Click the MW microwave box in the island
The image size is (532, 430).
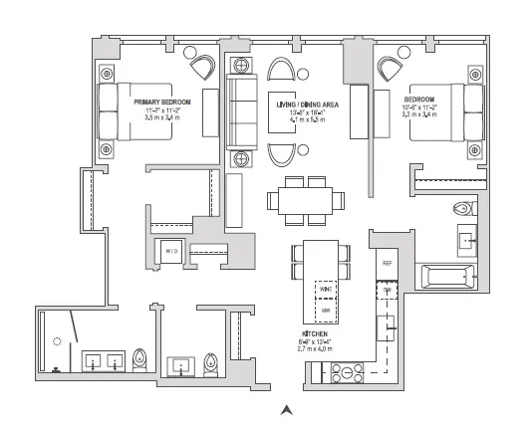(x=325, y=312)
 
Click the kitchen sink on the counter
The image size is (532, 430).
(x=390, y=323)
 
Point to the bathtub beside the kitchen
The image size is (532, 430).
(x=449, y=276)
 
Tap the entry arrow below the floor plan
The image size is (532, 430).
(x=287, y=408)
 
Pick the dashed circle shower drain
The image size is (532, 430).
(x=58, y=340)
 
